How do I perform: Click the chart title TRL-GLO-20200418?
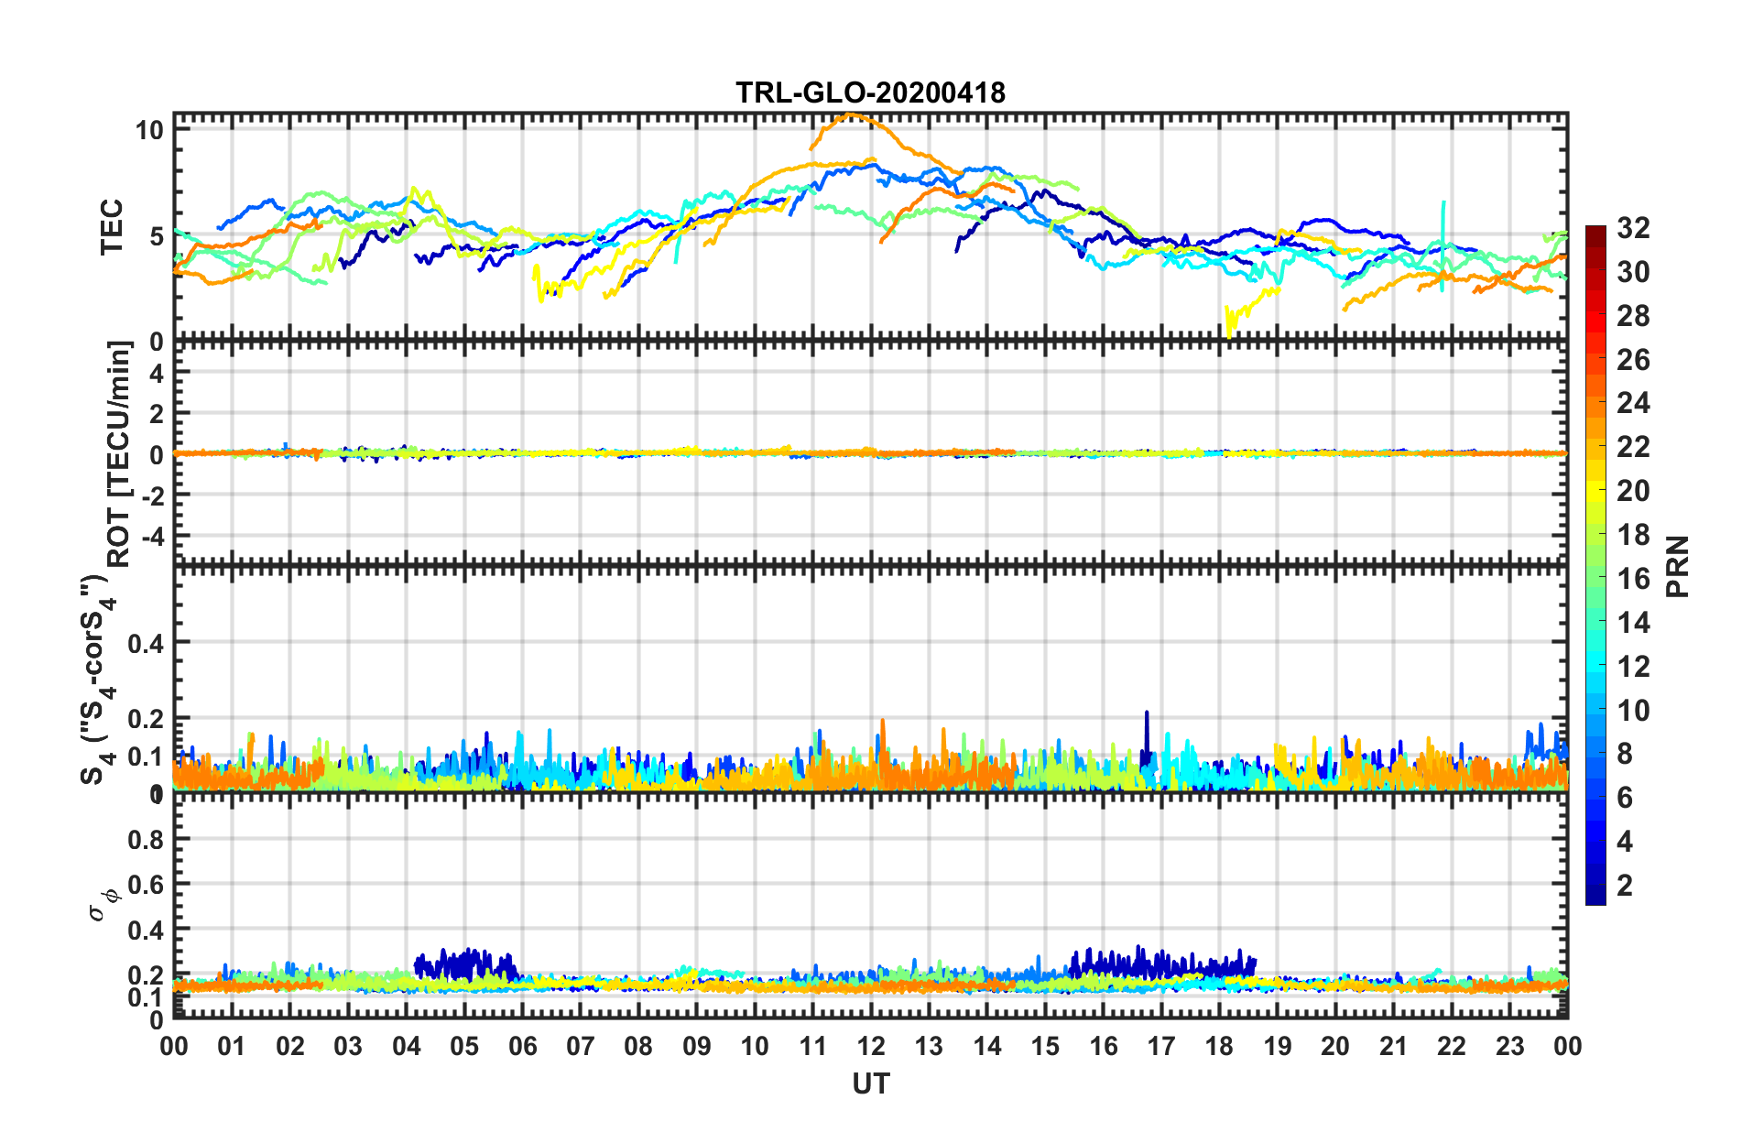[x=870, y=93]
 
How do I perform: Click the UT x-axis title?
[x=870, y=1084]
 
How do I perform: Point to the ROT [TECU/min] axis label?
[x=119, y=453]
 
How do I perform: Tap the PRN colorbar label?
[x=1678, y=566]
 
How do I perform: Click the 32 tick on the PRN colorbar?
[x=1632, y=228]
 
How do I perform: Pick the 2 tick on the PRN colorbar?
[x=1625, y=886]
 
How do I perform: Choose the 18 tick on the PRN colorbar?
[x=1632, y=535]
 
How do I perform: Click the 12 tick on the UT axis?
[x=871, y=1046]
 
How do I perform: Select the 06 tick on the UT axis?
[x=522, y=1046]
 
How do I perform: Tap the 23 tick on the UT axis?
[x=1509, y=1046]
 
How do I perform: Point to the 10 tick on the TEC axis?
[x=149, y=130]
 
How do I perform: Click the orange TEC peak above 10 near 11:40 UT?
[x=851, y=114]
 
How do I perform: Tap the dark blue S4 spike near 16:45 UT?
[x=1146, y=713]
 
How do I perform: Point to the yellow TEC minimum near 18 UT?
[x=1229, y=335]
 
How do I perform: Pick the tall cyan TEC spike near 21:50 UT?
[x=1443, y=203]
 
